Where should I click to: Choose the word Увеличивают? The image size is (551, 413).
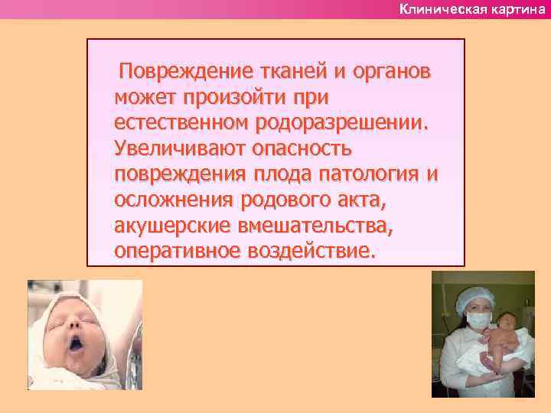(178, 148)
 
